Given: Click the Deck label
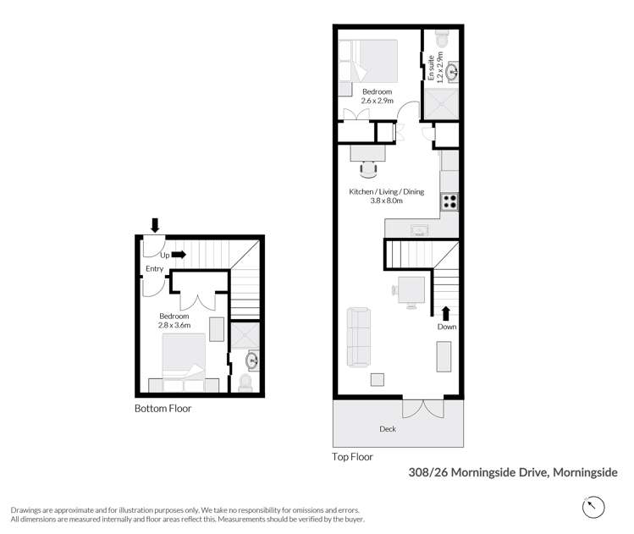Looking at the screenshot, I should point(388,428).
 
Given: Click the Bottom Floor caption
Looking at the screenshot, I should point(163,409).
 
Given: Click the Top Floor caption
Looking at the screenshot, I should point(352,457).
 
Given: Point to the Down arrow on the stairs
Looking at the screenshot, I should point(446,313).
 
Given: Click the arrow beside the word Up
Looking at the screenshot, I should point(179,253).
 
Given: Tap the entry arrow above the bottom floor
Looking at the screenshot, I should point(154,224).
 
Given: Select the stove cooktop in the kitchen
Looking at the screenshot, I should point(449,202).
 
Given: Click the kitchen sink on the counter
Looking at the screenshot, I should point(418,229).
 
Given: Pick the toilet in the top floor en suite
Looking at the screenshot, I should point(440,40).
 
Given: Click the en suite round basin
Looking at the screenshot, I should point(452,72).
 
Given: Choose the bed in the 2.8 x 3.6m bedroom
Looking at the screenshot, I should point(184,358).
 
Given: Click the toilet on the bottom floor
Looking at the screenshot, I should point(246,383).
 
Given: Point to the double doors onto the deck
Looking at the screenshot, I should point(422,408).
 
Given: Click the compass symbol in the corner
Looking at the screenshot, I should point(594,507).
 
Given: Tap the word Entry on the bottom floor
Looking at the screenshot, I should point(154,269).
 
